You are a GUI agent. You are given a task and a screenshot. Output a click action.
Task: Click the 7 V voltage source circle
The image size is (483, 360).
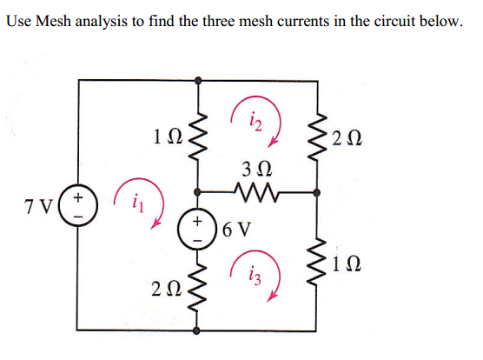pyautogui.click(x=78, y=208)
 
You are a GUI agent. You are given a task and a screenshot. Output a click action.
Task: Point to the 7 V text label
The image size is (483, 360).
pyautogui.click(x=39, y=209)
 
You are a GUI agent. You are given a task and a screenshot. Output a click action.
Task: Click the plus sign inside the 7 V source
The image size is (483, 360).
pyautogui.click(x=78, y=199)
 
